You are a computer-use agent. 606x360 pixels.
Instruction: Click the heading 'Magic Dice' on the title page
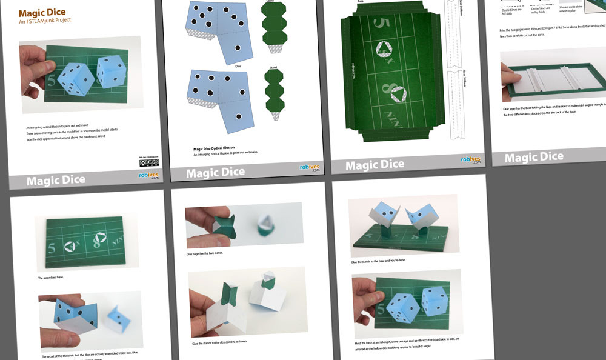click(x=42, y=13)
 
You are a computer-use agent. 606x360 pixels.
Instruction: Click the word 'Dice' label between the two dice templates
click(x=238, y=66)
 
